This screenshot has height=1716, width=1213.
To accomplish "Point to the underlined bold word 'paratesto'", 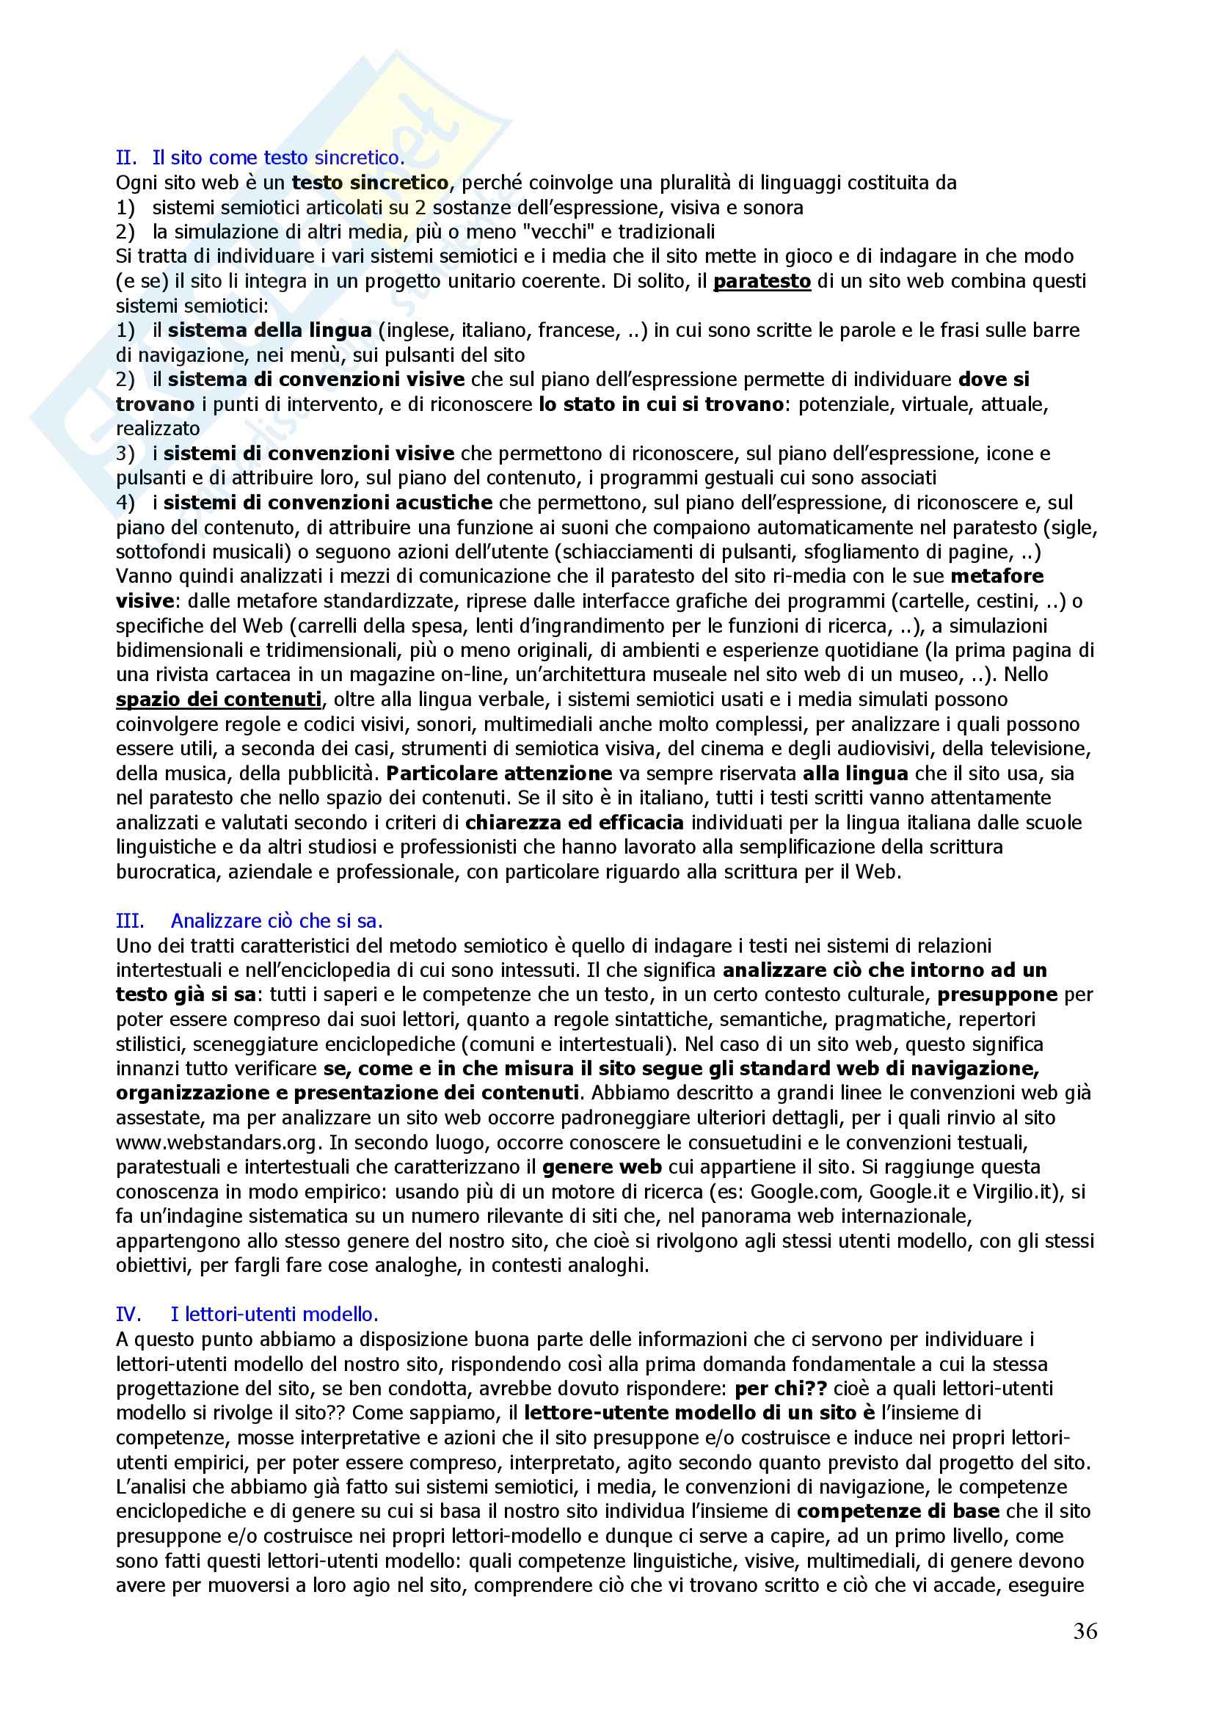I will (x=762, y=281).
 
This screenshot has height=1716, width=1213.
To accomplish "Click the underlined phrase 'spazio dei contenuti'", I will (x=219, y=699).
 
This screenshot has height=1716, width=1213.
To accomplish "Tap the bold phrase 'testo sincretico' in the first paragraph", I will (x=370, y=182).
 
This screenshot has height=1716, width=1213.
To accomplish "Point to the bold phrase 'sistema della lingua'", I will (x=270, y=330).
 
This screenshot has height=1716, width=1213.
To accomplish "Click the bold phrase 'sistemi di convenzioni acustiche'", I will (x=328, y=502).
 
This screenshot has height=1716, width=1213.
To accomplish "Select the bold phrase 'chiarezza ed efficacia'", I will (x=574, y=823).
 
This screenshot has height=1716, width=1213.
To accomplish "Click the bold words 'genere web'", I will (x=602, y=1167).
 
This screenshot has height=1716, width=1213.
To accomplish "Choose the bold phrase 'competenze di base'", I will (x=897, y=1511).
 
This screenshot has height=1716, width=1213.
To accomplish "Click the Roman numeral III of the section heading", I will (x=130, y=921).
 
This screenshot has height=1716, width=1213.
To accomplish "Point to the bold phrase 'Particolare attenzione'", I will (x=499, y=774).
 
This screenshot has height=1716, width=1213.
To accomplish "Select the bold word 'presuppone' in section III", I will (x=997, y=995).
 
